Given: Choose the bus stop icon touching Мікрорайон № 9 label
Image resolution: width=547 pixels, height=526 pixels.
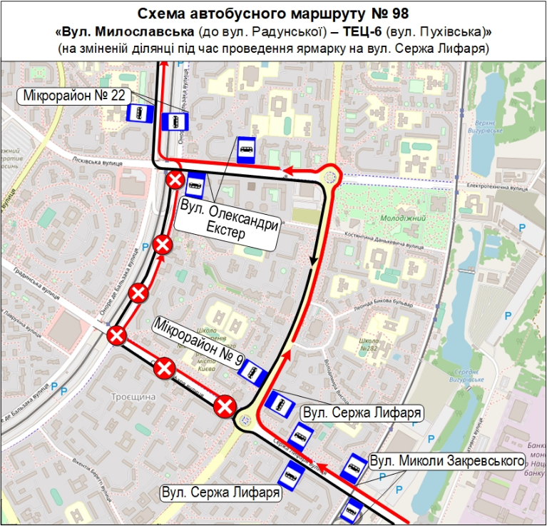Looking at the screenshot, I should (x=252, y=371).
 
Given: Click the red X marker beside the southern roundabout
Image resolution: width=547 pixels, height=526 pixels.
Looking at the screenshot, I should (x=226, y=407).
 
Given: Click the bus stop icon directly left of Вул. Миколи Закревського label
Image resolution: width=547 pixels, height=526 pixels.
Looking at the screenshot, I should (x=352, y=467).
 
